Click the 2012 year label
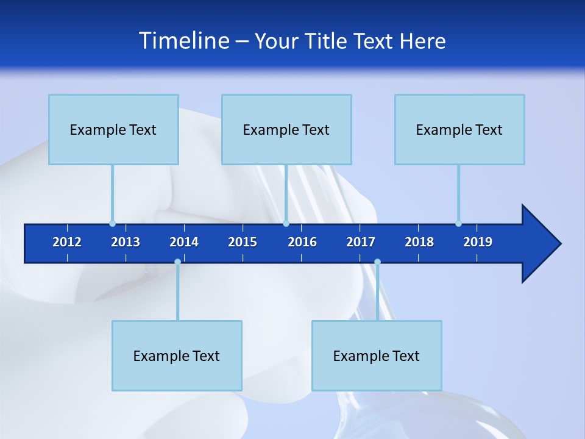pyautogui.click(x=67, y=242)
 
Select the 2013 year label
pyautogui.click(x=126, y=242)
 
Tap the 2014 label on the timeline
pyautogui.click(x=184, y=242)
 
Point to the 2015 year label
pyautogui.click(x=243, y=242)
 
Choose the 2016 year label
pyautogui.click(x=302, y=242)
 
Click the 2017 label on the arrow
pyautogui.click(x=361, y=242)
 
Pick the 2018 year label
pyautogui.click(x=419, y=242)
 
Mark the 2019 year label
pyautogui.click(x=478, y=242)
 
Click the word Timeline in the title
pyautogui.click(x=183, y=41)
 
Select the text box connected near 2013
pyautogui.click(x=113, y=129)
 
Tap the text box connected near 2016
pyautogui.click(x=286, y=129)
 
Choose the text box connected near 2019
pyautogui.click(x=459, y=129)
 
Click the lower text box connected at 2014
pyautogui.click(x=177, y=355)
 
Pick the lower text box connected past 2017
pyautogui.click(x=377, y=355)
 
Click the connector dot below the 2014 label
pyautogui.click(x=177, y=262)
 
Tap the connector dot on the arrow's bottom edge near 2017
pyautogui.click(x=377, y=262)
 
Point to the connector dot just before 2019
pyautogui.click(x=458, y=223)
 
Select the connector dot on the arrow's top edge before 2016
pyautogui.click(x=286, y=223)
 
